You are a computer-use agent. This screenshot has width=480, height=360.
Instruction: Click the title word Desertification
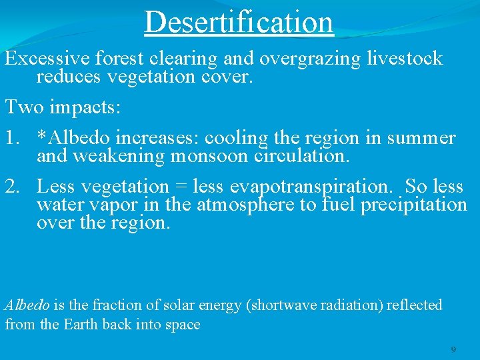239,21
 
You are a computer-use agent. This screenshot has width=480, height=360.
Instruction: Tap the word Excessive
48,59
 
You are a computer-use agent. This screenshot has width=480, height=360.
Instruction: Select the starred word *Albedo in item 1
73,139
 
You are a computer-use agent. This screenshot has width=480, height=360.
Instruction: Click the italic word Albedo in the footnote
27,305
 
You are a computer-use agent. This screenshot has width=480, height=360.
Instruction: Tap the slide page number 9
453,349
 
